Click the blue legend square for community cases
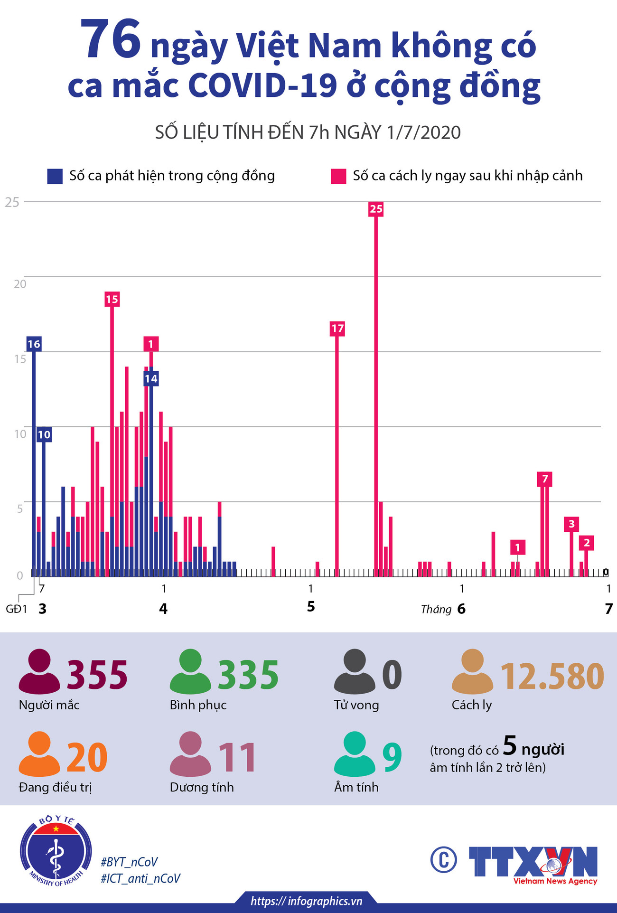(55, 176)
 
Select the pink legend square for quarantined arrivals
(338, 176)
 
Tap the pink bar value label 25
(376, 209)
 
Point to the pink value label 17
(337, 329)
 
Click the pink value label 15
(112, 299)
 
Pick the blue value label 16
(34, 344)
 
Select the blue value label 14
(151, 379)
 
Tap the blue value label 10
(44, 434)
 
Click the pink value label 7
(545, 479)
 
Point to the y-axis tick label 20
(20, 284)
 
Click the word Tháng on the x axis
(436, 610)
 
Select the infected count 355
(97, 675)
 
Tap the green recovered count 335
(248, 675)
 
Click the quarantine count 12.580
(552, 676)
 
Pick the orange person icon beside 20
(39, 753)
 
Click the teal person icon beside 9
(355, 753)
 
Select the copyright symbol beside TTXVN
(444, 860)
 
